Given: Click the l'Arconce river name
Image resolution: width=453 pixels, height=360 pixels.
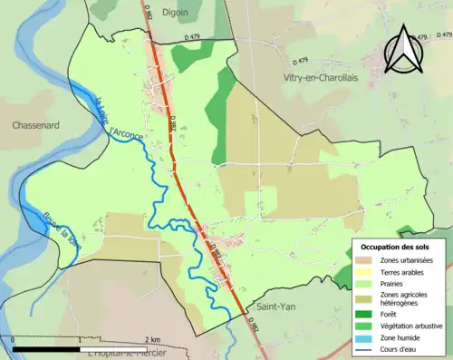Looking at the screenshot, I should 126,135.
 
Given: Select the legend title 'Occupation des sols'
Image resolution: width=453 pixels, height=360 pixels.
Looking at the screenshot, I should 396,247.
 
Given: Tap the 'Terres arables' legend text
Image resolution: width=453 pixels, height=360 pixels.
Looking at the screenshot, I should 405,272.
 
